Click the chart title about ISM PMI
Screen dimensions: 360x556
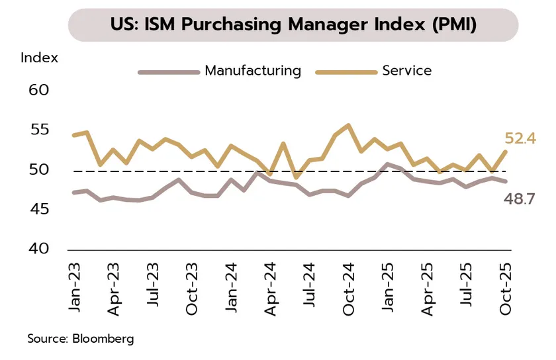293,25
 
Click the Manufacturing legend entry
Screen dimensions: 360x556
252,70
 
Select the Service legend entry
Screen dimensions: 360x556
406,70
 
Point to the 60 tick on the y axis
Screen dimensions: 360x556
38,89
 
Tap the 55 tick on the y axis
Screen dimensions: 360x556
38,129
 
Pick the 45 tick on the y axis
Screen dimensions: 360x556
38,209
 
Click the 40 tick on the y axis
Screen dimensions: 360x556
38,249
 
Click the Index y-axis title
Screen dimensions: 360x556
39,58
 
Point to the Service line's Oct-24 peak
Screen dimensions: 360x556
348,125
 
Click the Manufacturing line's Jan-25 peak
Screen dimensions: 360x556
388,164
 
